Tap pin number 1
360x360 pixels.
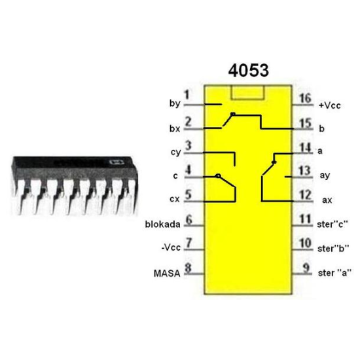pos(187,95)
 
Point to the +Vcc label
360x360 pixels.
pos(331,105)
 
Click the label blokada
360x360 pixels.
pos(164,224)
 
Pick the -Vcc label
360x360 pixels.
pos(171,247)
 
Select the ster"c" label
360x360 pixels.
pos(333,224)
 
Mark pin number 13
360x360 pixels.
pos(305,170)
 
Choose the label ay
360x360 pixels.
pos(325,175)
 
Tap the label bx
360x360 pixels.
pos(174,129)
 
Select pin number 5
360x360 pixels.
pos(188,194)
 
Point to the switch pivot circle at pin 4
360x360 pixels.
pos(217,176)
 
